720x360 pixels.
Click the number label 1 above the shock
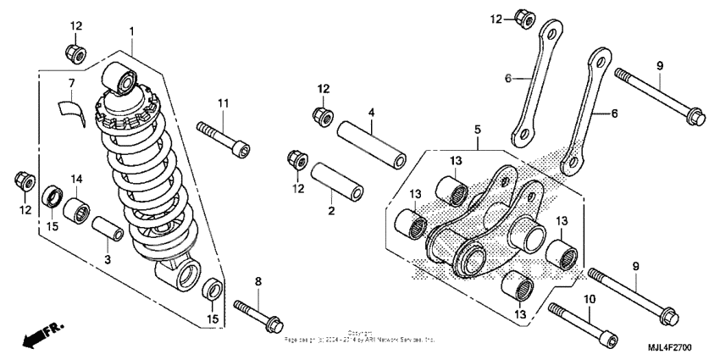[x=132, y=32]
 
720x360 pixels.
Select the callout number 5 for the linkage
[x=477, y=130]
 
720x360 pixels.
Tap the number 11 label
[x=223, y=103]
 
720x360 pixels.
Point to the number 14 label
[x=77, y=179]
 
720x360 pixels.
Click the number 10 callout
[x=590, y=299]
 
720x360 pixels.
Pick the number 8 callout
[x=258, y=280]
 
